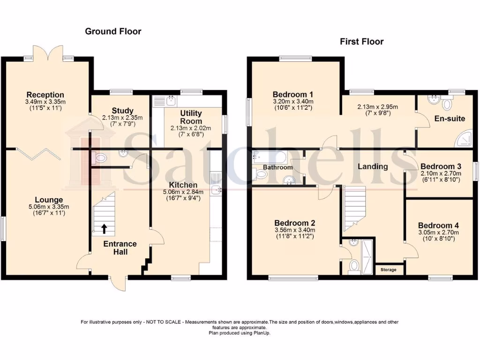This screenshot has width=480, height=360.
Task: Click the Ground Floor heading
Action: click(x=113, y=31)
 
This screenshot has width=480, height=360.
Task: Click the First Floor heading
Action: click(x=361, y=42)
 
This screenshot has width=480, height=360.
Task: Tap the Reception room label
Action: click(x=45, y=95)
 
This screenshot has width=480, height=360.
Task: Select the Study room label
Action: click(x=123, y=111)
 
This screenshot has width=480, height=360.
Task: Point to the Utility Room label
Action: click(x=191, y=117)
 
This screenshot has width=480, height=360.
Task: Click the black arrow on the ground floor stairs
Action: click(x=104, y=229)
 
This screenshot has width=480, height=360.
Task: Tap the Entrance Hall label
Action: click(x=120, y=248)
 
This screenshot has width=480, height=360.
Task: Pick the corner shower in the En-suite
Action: click(x=463, y=137)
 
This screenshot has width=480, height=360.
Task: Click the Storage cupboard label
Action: click(x=388, y=270)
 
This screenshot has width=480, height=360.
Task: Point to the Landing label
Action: click(x=373, y=166)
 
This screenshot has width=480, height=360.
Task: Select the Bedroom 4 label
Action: click(x=438, y=225)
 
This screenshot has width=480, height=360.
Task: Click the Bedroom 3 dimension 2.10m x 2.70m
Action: click(x=441, y=173)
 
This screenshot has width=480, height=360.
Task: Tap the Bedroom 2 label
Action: click(x=294, y=223)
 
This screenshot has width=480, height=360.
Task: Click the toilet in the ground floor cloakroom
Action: click(x=99, y=158)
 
